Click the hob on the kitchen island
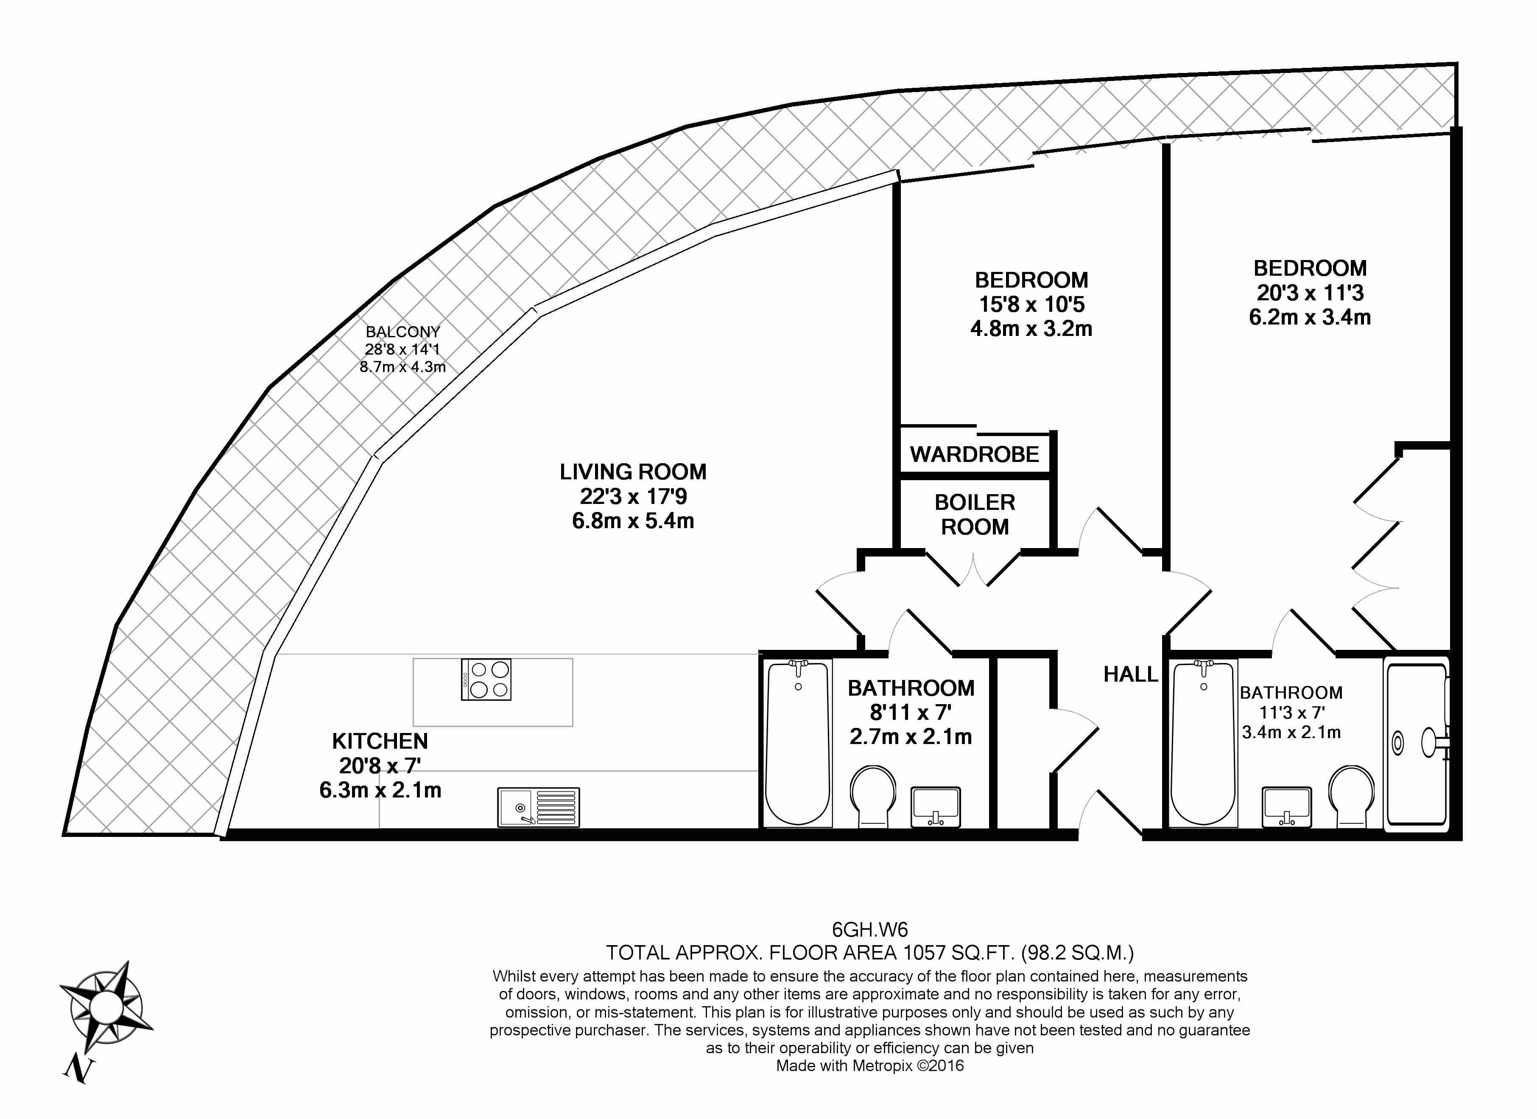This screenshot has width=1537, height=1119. (x=486, y=679)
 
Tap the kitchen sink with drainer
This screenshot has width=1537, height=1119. (x=539, y=806)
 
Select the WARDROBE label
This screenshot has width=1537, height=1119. (x=975, y=454)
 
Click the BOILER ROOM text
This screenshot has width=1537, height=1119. (x=975, y=515)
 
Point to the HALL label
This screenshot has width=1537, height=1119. (x=1130, y=674)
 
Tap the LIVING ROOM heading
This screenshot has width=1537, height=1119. (x=633, y=472)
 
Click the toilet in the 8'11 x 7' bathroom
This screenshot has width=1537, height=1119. (x=873, y=796)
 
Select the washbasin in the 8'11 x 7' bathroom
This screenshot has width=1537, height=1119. (x=935, y=806)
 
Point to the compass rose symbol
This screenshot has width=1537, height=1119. (x=105, y=1007)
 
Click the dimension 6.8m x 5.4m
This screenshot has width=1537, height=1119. (x=633, y=521)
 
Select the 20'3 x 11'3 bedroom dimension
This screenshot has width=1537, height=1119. (x=1310, y=293)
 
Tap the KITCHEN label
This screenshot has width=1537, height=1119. (x=380, y=741)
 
